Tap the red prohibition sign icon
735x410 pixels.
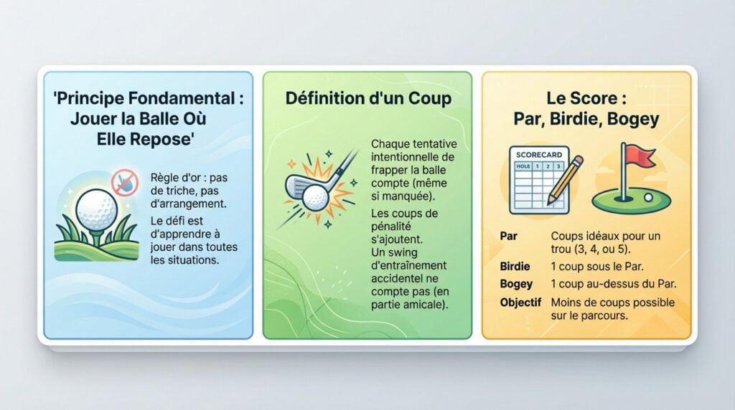tap(124, 183)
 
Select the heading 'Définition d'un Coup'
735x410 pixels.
tap(368, 97)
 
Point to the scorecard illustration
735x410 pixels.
tap(538, 179)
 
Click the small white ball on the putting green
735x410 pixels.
tap(648, 196)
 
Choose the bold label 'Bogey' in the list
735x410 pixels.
tap(516, 284)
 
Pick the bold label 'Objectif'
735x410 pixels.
tap(520, 302)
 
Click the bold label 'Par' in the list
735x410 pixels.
tap(508, 236)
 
